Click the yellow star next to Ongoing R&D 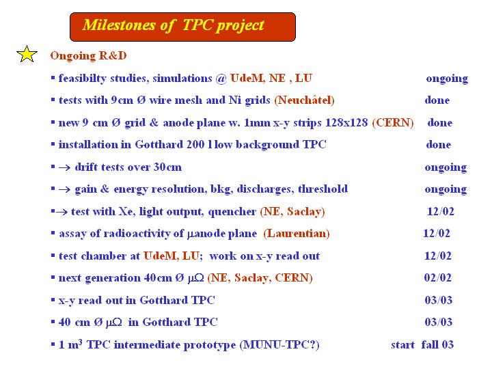(x=27, y=54)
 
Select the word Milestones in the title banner (x=119, y=25)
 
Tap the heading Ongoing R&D (x=88, y=56)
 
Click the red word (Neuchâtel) (x=304, y=100)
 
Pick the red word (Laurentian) (x=297, y=234)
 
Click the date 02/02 (x=438, y=277)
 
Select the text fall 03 (x=438, y=344)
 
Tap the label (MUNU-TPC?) (x=279, y=345)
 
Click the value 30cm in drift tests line (x=167, y=167)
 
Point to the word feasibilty (x=83, y=79)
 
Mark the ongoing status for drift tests (x=446, y=168)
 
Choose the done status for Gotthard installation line (x=438, y=144)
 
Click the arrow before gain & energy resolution (x=65, y=189)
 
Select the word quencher (x=232, y=212)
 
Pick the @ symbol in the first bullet (x=221, y=79)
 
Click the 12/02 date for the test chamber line (x=438, y=256)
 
